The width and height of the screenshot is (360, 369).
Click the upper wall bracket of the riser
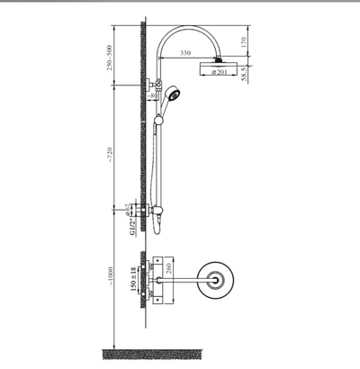pos(150,85)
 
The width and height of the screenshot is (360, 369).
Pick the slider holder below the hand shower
pos(159,118)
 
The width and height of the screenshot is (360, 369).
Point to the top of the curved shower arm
pos(184,30)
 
